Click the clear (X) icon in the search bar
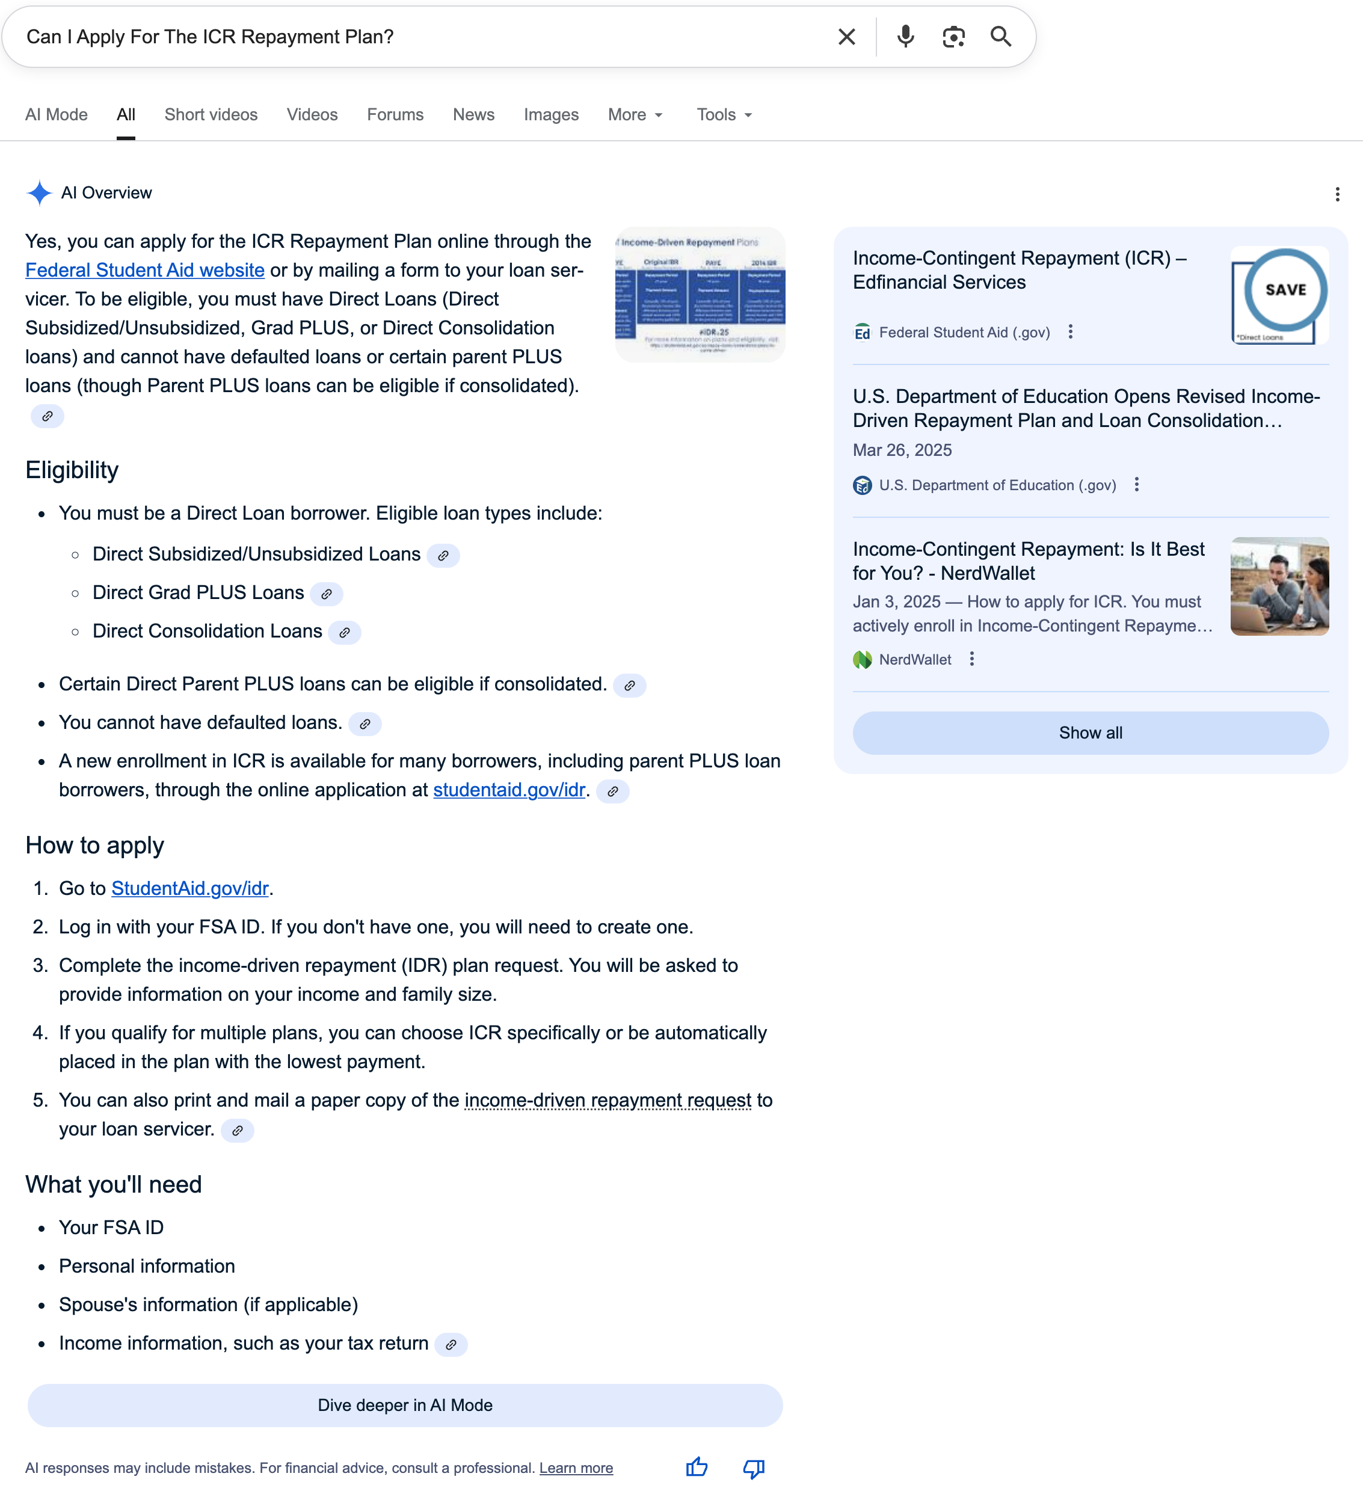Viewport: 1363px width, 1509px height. click(846, 37)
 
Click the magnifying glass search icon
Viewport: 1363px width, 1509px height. click(1001, 37)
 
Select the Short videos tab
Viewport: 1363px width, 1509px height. click(211, 114)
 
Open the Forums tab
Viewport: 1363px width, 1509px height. click(395, 114)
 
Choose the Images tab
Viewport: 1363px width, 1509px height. click(551, 114)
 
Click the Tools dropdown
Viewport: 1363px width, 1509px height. click(724, 114)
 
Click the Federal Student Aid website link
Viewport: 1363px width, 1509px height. click(145, 270)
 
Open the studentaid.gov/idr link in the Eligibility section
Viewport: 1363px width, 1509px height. click(509, 790)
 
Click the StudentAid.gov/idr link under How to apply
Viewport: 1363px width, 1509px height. click(190, 888)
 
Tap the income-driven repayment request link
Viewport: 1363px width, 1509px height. click(608, 1100)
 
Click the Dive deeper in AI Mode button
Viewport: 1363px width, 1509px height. click(405, 1405)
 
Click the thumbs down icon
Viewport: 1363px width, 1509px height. click(753, 1468)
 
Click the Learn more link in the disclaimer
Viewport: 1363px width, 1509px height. click(576, 1468)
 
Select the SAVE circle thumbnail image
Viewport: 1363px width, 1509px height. click(1279, 295)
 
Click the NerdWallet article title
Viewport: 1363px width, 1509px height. click(1029, 561)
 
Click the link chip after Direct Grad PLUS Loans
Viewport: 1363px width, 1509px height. click(327, 594)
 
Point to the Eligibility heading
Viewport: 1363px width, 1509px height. click(72, 470)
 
